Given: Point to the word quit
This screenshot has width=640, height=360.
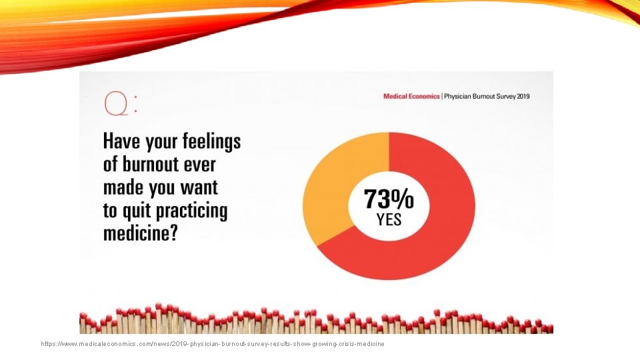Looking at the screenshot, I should point(136,211).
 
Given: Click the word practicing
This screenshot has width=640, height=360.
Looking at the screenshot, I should point(191,212).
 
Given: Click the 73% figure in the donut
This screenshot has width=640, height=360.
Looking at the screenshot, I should point(389,199).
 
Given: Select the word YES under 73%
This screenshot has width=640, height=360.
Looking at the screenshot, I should point(389,219).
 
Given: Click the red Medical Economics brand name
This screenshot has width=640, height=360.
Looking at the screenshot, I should point(412,96).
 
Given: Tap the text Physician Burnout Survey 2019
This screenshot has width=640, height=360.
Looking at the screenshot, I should point(487,96).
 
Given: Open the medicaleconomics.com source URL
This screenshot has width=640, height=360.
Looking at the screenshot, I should point(213,344).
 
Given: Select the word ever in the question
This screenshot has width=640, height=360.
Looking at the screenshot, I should point(201,165).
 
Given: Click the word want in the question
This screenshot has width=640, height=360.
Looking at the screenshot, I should point(200,188).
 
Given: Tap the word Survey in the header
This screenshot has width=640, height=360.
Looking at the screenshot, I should point(501,96).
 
